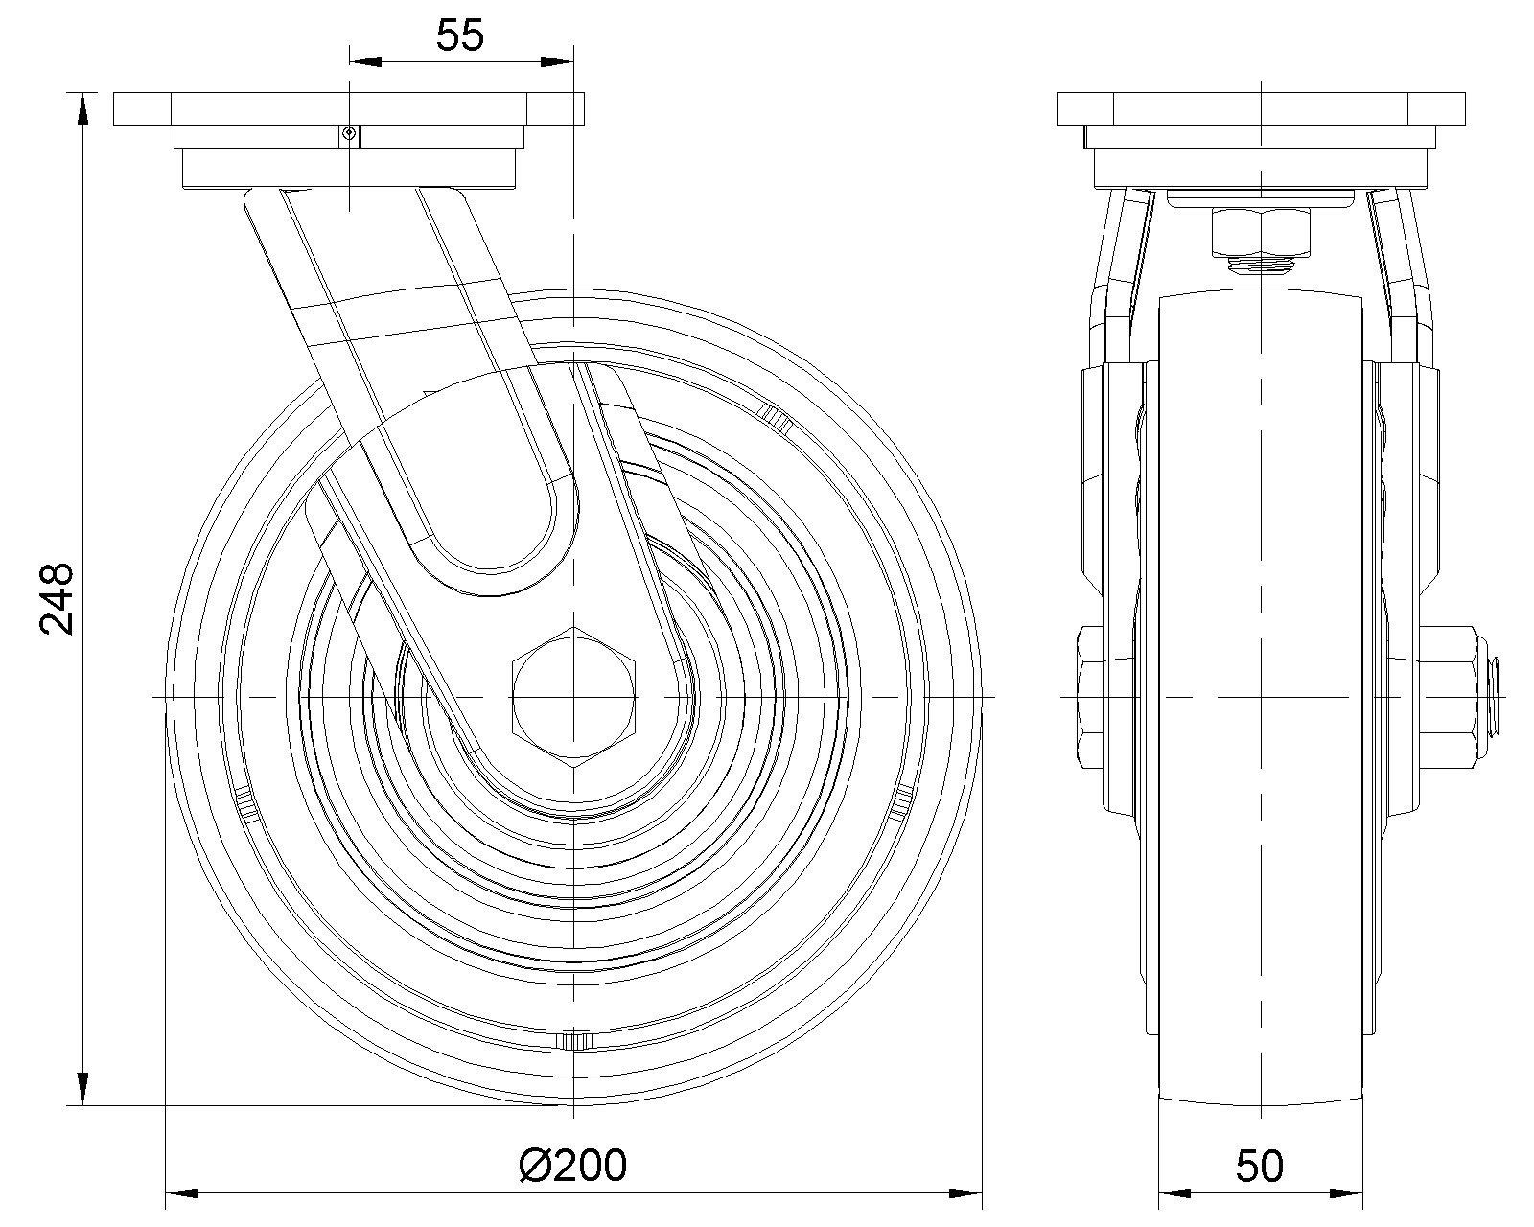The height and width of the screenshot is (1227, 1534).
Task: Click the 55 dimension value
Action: pyautogui.click(x=460, y=35)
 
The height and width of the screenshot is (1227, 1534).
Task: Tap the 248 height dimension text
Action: pyautogui.click(x=57, y=598)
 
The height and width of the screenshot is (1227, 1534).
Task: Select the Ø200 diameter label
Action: pyautogui.click(x=573, y=1166)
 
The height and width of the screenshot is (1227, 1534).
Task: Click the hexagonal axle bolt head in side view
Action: pyautogui.click(x=573, y=697)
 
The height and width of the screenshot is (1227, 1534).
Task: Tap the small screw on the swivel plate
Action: pyautogui.click(x=349, y=133)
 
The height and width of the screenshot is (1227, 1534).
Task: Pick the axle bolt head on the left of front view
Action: pyautogui.click(x=1090, y=697)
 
